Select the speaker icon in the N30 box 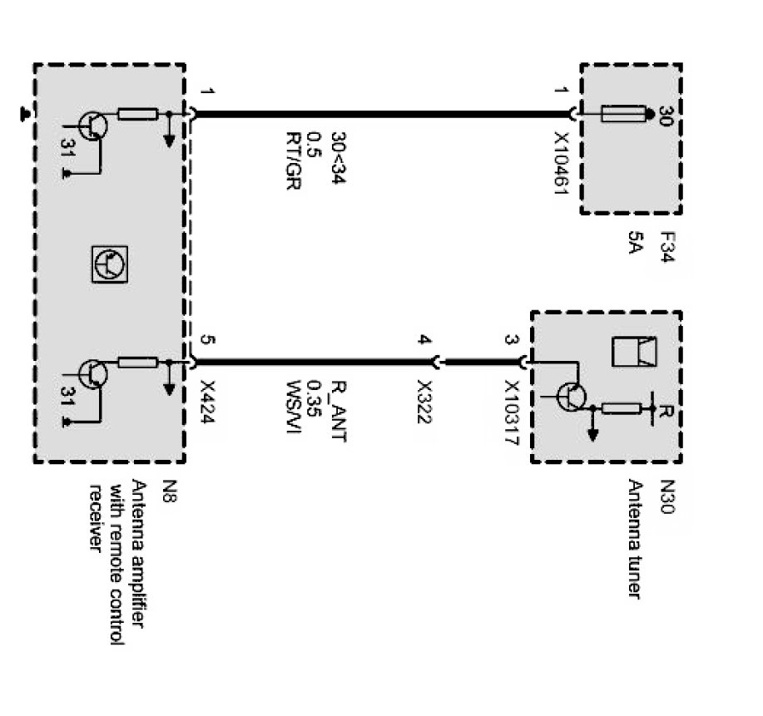pyautogui.click(x=634, y=352)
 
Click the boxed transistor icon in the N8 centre pyautogui.click(x=109, y=264)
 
